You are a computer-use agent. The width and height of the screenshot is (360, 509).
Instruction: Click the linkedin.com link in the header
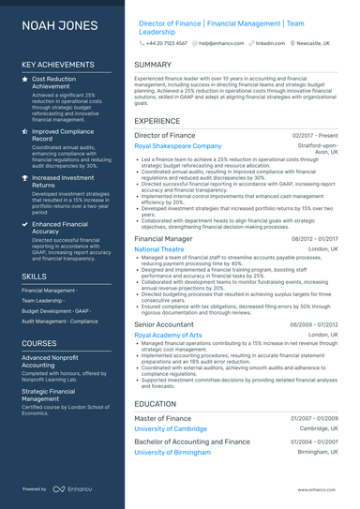pos(271,43)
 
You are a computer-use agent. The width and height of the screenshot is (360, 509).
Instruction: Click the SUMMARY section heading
pos(153,65)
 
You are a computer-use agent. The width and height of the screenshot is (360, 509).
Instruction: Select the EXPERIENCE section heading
pos(157,122)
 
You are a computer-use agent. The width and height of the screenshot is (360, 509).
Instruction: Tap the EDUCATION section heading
pos(156,404)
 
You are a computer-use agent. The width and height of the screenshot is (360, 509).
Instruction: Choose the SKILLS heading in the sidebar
pos(35,277)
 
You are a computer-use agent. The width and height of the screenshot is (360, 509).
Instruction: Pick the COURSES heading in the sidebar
pos(39,344)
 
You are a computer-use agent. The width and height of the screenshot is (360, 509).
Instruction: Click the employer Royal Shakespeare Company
pos(178,147)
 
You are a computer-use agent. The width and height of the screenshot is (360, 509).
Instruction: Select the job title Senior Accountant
pos(164,324)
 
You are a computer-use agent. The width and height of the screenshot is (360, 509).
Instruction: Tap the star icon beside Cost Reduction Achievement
pos(25,81)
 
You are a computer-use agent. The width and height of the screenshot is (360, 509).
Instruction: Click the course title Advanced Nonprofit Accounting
pos(52,362)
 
